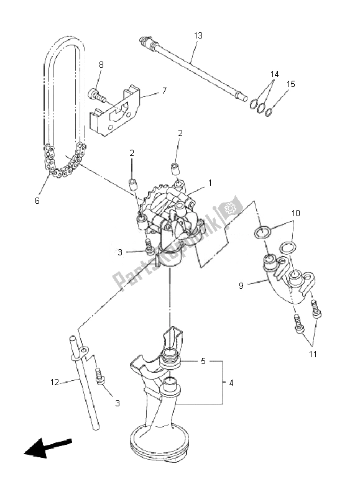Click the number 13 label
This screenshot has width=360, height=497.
click(198, 36)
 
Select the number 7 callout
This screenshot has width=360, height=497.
click(164, 91)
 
